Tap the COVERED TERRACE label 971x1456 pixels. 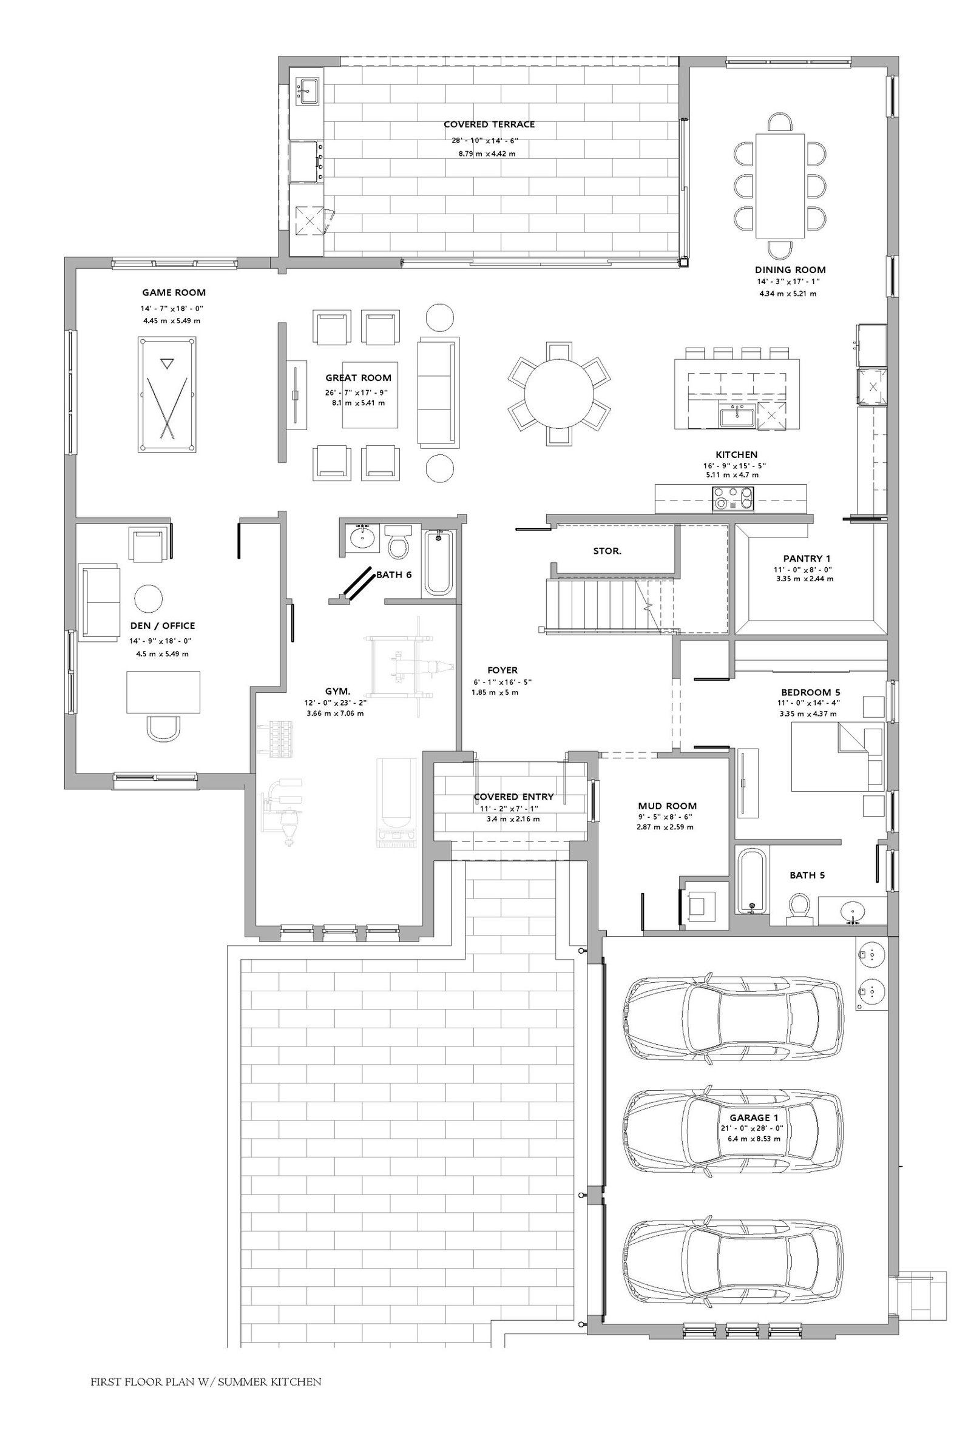click(x=489, y=124)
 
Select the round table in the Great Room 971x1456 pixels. click(x=558, y=394)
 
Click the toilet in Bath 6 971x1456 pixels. click(x=398, y=541)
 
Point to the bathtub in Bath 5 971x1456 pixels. click(x=752, y=880)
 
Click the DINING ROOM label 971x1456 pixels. click(x=790, y=270)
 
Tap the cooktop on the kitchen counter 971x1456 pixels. click(x=734, y=498)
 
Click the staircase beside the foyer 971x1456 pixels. click(x=610, y=604)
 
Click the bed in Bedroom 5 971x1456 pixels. click(x=837, y=757)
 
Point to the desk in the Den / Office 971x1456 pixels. click(x=163, y=692)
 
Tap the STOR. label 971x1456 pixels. click(x=607, y=551)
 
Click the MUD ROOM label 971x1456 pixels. click(x=667, y=806)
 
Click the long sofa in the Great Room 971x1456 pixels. click(x=438, y=393)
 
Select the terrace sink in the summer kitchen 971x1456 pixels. click(x=307, y=91)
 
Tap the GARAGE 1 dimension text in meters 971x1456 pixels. click(x=754, y=1138)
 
